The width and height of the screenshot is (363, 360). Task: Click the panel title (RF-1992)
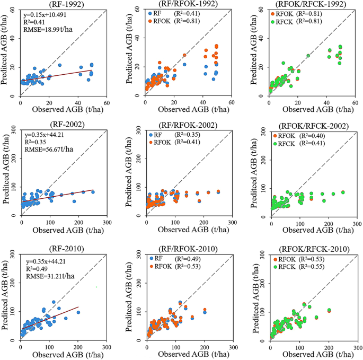[x=63, y=4]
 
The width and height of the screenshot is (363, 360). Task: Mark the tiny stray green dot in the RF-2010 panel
[x=96, y=287]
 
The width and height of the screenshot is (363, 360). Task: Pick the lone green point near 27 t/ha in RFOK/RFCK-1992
[x=308, y=56]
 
